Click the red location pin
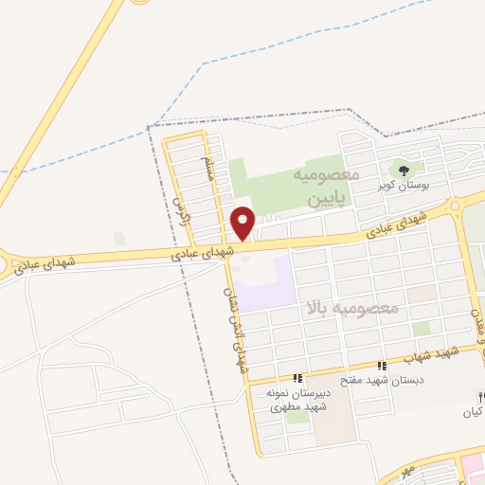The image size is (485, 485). pos(243,222)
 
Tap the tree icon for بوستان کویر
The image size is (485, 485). pos(404,171)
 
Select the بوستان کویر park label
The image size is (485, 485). pos(404,186)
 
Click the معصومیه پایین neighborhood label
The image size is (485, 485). pos(329,188)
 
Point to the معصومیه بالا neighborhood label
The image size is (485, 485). pos(353,309)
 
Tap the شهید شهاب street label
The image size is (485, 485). pos(432,356)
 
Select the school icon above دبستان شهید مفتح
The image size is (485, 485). pos(382,366)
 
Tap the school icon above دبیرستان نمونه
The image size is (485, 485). pos(297,379)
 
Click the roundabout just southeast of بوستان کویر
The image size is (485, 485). pos(456,206)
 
